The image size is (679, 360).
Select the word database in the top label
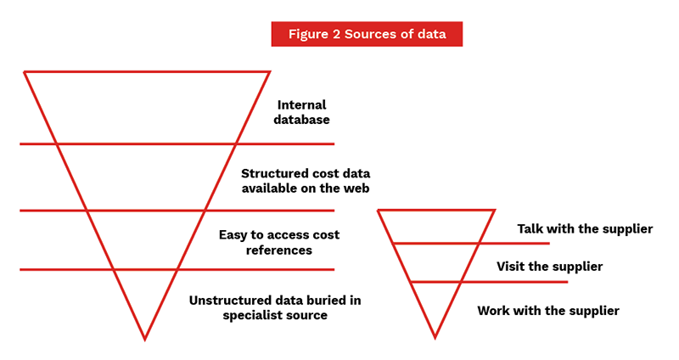pyautogui.click(x=304, y=121)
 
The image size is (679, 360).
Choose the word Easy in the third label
pyautogui.click(x=233, y=234)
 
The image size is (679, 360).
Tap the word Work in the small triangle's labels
pyautogui.click(x=494, y=311)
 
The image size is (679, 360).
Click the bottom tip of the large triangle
pyautogui.click(x=145, y=339)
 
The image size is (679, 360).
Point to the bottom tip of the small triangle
pyautogui.click(x=435, y=337)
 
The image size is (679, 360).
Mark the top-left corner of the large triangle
pyautogui.click(x=25, y=72)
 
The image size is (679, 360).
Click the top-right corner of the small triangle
pyautogui.click(x=494, y=211)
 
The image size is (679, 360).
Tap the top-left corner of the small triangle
pyautogui.click(x=378, y=211)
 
